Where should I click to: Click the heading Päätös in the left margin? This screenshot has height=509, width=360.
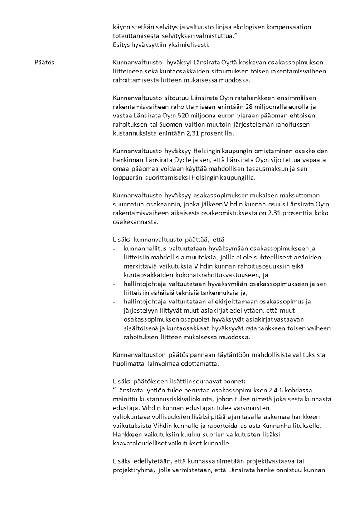point(44,62)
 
